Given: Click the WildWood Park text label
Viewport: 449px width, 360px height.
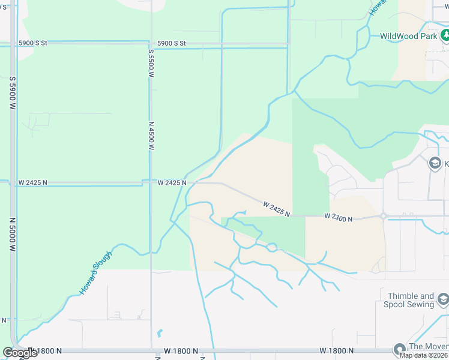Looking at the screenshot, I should pyautogui.click(x=408, y=36).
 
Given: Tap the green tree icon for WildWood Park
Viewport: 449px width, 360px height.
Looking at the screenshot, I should pyautogui.click(x=445, y=35).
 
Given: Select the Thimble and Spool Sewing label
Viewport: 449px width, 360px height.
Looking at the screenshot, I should pyautogui.click(x=411, y=300).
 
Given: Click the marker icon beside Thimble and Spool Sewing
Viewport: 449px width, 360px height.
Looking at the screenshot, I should pyautogui.click(x=443, y=299).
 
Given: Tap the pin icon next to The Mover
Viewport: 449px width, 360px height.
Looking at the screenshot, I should pyautogui.click(x=399, y=349).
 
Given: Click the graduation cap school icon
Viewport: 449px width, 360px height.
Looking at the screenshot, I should pyautogui.click(x=435, y=163).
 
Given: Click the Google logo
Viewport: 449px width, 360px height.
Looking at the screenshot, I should pyautogui.click(x=20, y=353).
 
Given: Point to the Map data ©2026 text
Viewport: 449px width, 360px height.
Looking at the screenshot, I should pyautogui.click(x=423, y=355).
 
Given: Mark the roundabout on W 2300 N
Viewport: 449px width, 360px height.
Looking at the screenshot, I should pyautogui.click(x=382, y=216).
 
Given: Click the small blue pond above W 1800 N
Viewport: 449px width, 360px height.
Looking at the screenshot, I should pyautogui.click(x=159, y=332).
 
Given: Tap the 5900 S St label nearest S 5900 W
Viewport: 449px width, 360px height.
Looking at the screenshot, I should pyautogui.click(x=32, y=43).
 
